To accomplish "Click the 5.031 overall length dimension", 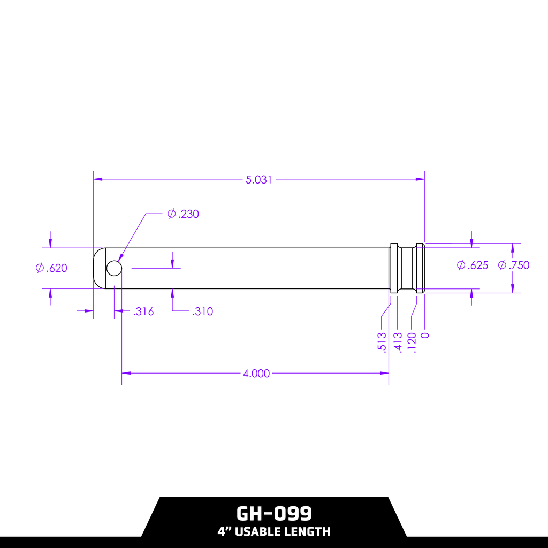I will pyautogui.click(x=258, y=180).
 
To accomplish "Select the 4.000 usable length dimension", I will pyautogui.click(x=256, y=374).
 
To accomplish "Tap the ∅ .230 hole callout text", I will pyautogui.click(x=183, y=214).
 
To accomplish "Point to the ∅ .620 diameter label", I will pyautogui.click(x=51, y=268).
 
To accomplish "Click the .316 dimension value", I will pyautogui.click(x=143, y=311).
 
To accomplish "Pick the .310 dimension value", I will pyautogui.click(x=202, y=311).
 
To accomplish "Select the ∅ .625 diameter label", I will pyautogui.click(x=473, y=265).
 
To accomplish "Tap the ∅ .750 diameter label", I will pyautogui.click(x=513, y=265).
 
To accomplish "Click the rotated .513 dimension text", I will pyautogui.click(x=382, y=342).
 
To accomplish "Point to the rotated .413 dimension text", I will pyautogui.click(x=398, y=342).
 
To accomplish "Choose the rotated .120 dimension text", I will pyautogui.click(x=412, y=342).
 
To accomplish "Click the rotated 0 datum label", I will pyautogui.click(x=425, y=336).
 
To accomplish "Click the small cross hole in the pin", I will pyautogui.click(x=114, y=268).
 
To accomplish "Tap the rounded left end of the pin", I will pyautogui.click(x=98, y=268).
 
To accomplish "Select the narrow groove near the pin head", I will pyautogui.click(x=407, y=268).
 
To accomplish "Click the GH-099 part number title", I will pyautogui.click(x=274, y=514).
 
